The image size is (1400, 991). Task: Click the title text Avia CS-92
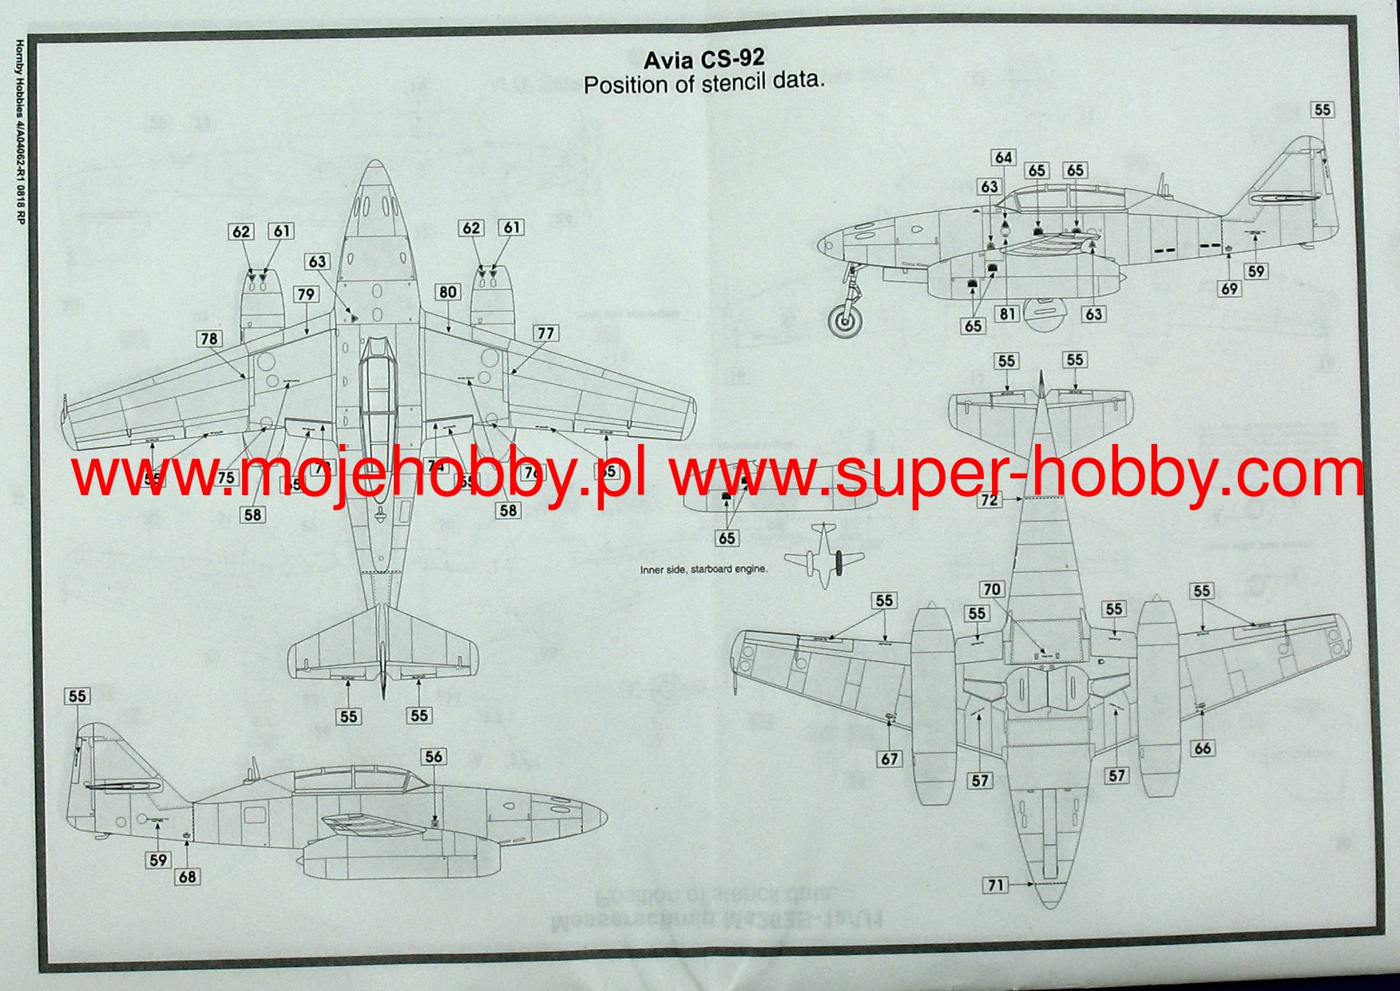click(704, 58)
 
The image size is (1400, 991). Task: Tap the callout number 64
click(1003, 158)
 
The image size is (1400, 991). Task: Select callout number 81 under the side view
click(1007, 314)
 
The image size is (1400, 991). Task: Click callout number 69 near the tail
click(1229, 289)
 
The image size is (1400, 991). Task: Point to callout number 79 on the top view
click(306, 295)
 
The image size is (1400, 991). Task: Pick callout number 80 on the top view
click(447, 292)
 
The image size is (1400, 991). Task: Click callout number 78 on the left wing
click(209, 339)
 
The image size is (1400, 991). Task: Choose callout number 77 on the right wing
click(545, 333)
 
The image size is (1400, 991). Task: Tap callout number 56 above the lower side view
click(433, 756)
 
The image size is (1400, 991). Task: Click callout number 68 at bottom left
click(187, 877)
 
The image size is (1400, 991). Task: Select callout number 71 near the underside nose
click(995, 885)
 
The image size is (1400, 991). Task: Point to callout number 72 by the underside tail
click(990, 500)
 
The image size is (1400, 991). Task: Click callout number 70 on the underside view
click(991, 589)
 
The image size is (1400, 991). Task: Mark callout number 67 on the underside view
click(890, 759)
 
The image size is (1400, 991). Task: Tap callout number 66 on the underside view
click(1202, 748)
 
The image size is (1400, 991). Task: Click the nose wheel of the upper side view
click(846, 321)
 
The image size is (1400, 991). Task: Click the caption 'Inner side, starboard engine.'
click(703, 569)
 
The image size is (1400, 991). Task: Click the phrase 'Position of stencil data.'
click(703, 83)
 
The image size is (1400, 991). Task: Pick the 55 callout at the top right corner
click(1323, 110)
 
